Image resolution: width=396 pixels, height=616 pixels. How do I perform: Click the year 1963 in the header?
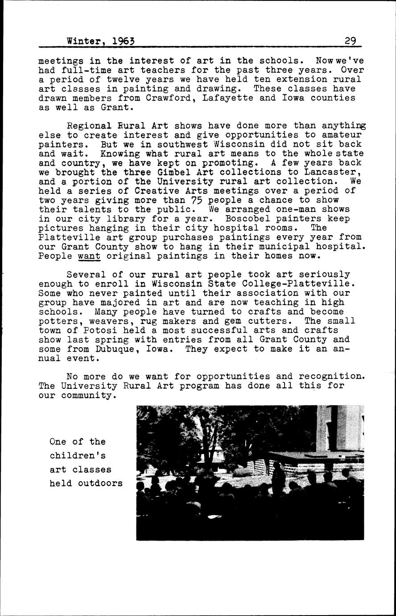point(124,41)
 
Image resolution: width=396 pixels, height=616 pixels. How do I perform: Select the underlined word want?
point(89,256)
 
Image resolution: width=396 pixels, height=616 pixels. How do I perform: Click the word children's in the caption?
point(78,456)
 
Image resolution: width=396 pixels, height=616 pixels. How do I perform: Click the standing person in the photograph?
point(277,478)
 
